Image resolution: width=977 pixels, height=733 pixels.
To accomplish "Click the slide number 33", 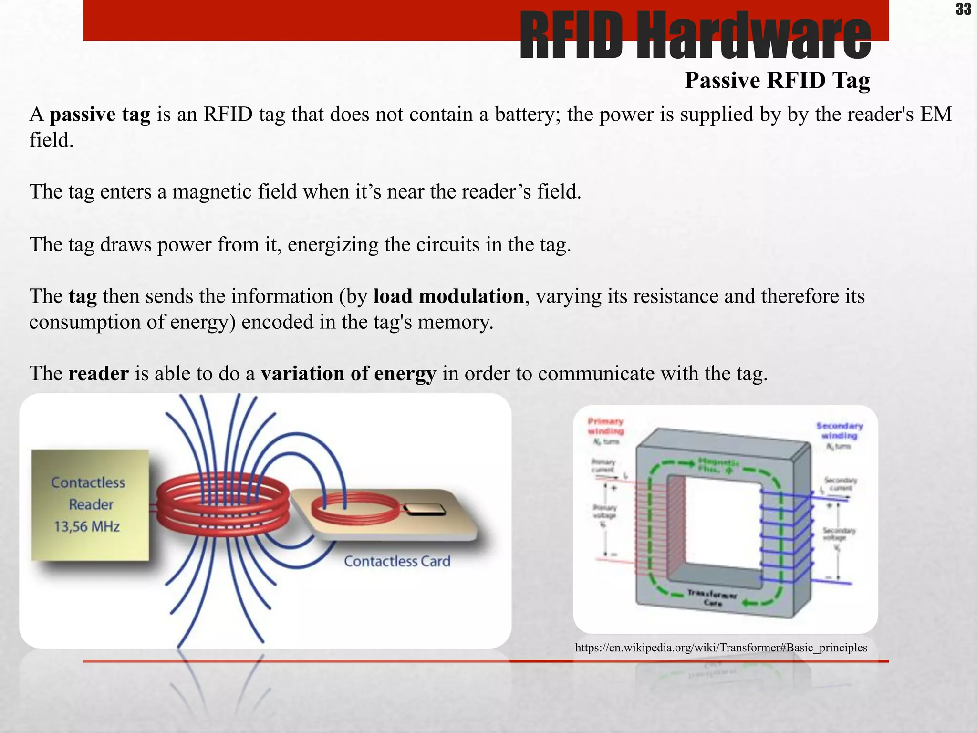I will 963,9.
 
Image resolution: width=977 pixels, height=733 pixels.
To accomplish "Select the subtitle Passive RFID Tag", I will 777,80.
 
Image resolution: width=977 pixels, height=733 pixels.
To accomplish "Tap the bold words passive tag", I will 100,115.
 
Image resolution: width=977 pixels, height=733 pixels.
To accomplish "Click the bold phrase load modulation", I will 448,296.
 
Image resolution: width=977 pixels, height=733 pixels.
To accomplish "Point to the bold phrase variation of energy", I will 348,374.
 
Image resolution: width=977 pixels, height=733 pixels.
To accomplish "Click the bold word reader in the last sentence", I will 98,374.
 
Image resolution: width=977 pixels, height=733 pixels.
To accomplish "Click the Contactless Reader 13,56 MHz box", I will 90,505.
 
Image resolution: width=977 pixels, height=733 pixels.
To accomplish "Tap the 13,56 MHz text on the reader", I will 87,527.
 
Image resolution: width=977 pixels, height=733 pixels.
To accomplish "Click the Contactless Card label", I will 397,561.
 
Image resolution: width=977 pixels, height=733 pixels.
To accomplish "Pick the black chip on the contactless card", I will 425,510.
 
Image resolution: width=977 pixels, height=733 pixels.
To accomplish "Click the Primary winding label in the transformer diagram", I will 605,426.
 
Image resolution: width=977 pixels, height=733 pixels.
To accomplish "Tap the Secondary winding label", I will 840,430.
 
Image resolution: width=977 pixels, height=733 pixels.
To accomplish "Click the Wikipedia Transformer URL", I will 721,648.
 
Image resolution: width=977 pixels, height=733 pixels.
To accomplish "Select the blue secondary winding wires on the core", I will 786,537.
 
